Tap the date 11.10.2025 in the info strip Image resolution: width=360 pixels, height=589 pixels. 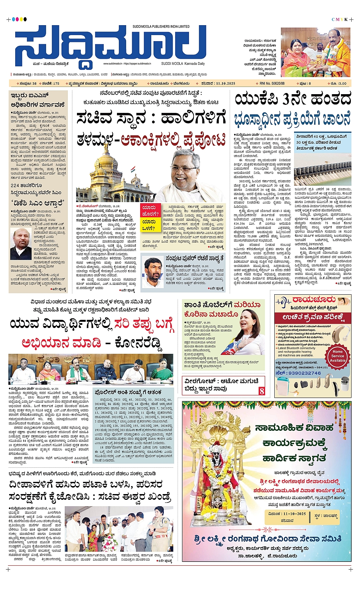coord(225,83)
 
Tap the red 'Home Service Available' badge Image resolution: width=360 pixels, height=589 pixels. coord(338,356)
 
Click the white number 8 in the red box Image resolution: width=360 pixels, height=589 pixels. coord(262,391)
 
